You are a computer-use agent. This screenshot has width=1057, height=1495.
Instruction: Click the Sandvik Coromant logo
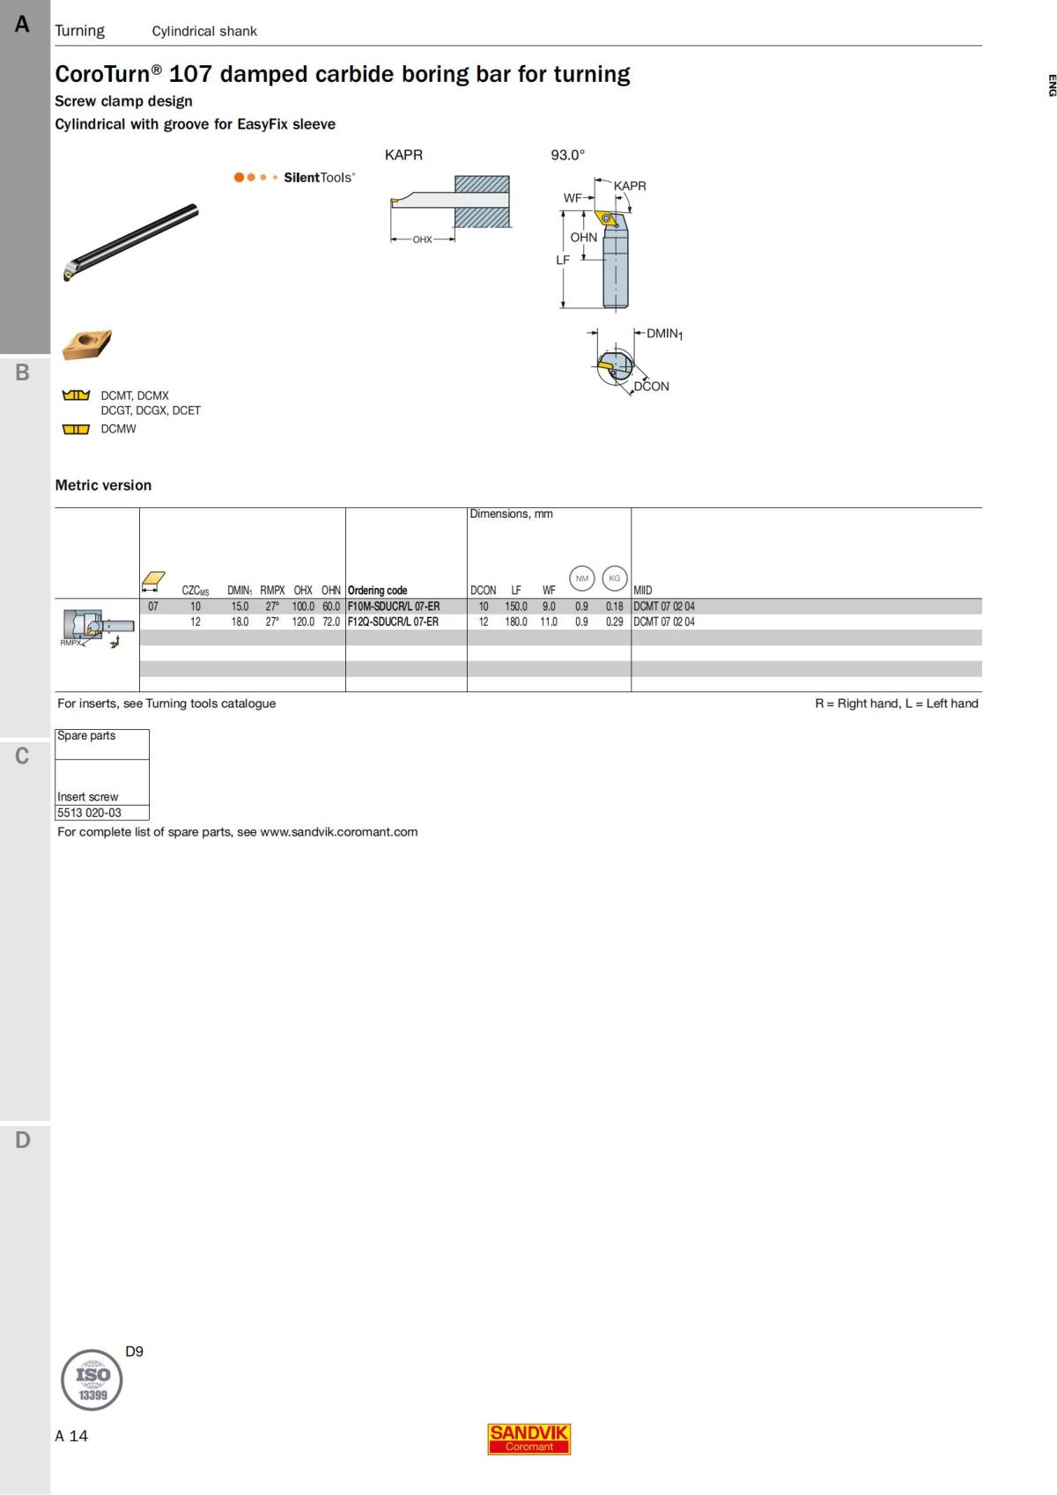click(x=528, y=1439)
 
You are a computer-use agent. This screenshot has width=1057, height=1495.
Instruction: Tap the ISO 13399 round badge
click(x=92, y=1379)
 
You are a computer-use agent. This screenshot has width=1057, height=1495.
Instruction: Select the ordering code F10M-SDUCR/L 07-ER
click(x=394, y=607)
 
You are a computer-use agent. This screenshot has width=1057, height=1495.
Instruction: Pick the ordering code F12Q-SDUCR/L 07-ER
click(x=393, y=622)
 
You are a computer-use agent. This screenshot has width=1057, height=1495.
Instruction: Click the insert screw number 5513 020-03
click(x=89, y=813)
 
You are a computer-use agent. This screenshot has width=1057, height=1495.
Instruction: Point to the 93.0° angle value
click(x=567, y=155)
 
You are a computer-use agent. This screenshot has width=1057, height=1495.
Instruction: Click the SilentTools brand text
click(x=319, y=177)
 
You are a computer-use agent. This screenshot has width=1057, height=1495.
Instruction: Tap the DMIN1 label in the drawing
click(x=664, y=334)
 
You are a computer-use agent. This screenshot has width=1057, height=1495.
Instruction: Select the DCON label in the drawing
click(x=652, y=387)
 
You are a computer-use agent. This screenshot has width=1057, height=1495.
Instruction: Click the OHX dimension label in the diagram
click(x=422, y=239)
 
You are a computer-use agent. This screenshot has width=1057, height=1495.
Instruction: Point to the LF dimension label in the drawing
click(x=563, y=260)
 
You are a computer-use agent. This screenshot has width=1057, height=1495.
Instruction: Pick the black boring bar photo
click(x=132, y=241)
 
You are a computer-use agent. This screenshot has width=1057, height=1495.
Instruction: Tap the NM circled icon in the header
click(x=581, y=578)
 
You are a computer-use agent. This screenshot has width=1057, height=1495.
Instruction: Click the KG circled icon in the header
click(x=614, y=578)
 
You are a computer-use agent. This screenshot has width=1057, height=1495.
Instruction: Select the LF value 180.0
click(x=516, y=622)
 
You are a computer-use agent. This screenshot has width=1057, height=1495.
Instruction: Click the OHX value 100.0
click(x=303, y=607)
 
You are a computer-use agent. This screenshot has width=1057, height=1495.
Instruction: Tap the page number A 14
click(x=71, y=1436)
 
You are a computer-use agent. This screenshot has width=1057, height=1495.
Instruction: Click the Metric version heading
click(x=103, y=485)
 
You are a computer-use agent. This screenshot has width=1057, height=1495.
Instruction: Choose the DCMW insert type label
click(x=118, y=429)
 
